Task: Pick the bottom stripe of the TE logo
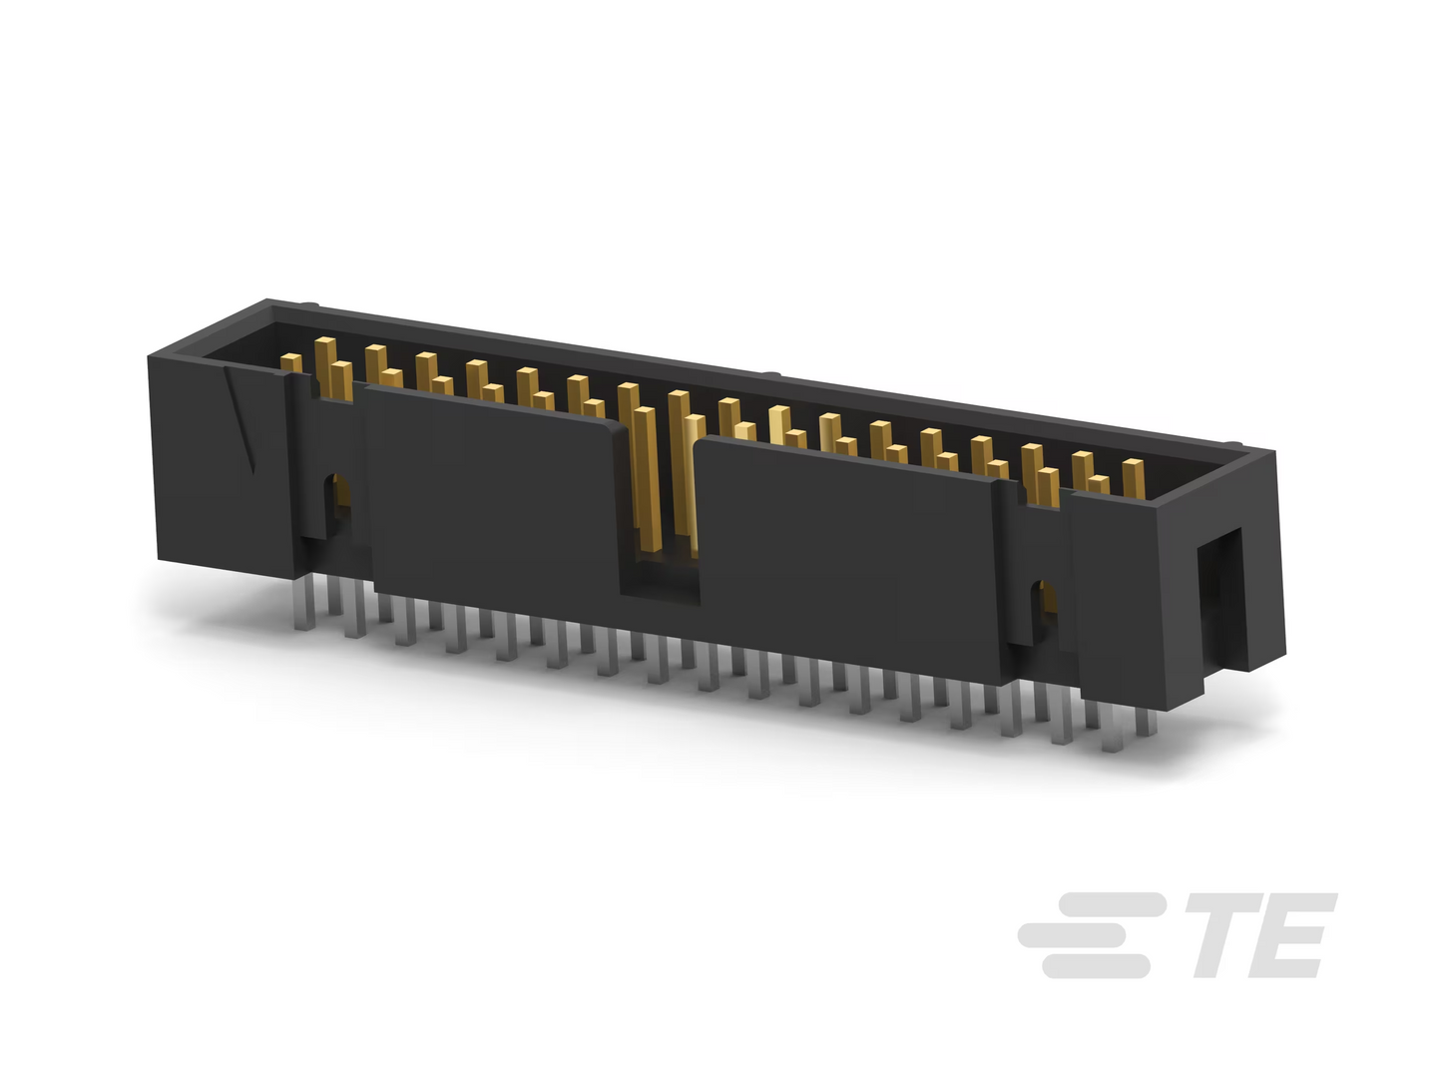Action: (1097, 966)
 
